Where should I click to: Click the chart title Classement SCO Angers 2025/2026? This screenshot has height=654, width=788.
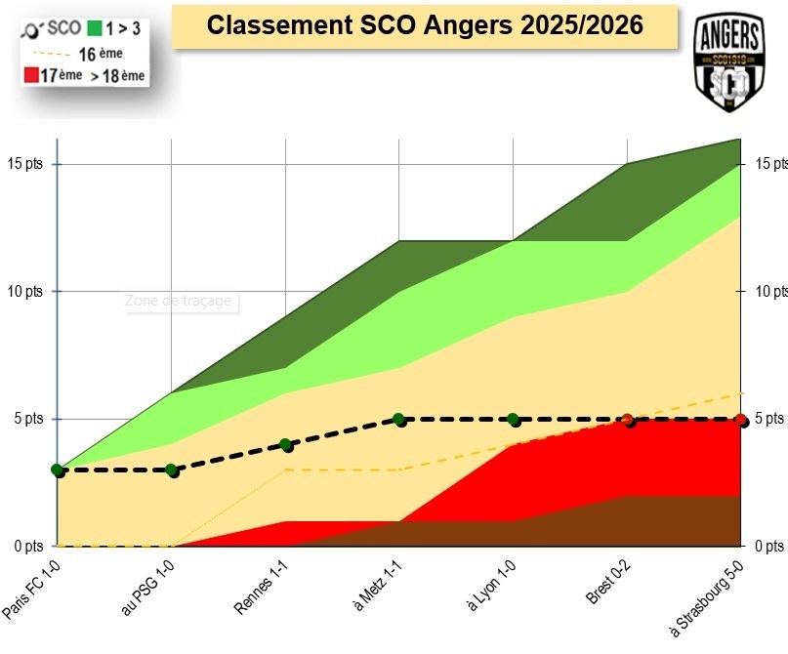coord(425,25)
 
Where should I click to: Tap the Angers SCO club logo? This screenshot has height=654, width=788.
coord(727,62)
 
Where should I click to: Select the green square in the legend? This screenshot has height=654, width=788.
coord(94,28)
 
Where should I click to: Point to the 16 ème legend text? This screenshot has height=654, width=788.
coord(101,54)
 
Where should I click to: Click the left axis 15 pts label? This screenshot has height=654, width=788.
coord(26,163)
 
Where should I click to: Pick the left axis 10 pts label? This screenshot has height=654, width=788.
coord(26,291)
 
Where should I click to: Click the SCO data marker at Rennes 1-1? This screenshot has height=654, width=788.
coord(286,445)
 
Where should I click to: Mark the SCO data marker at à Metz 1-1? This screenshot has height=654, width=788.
coord(399,420)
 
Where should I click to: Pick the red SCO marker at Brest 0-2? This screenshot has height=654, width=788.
coord(629,420)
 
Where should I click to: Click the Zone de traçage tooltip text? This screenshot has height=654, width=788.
coord(179,301)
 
